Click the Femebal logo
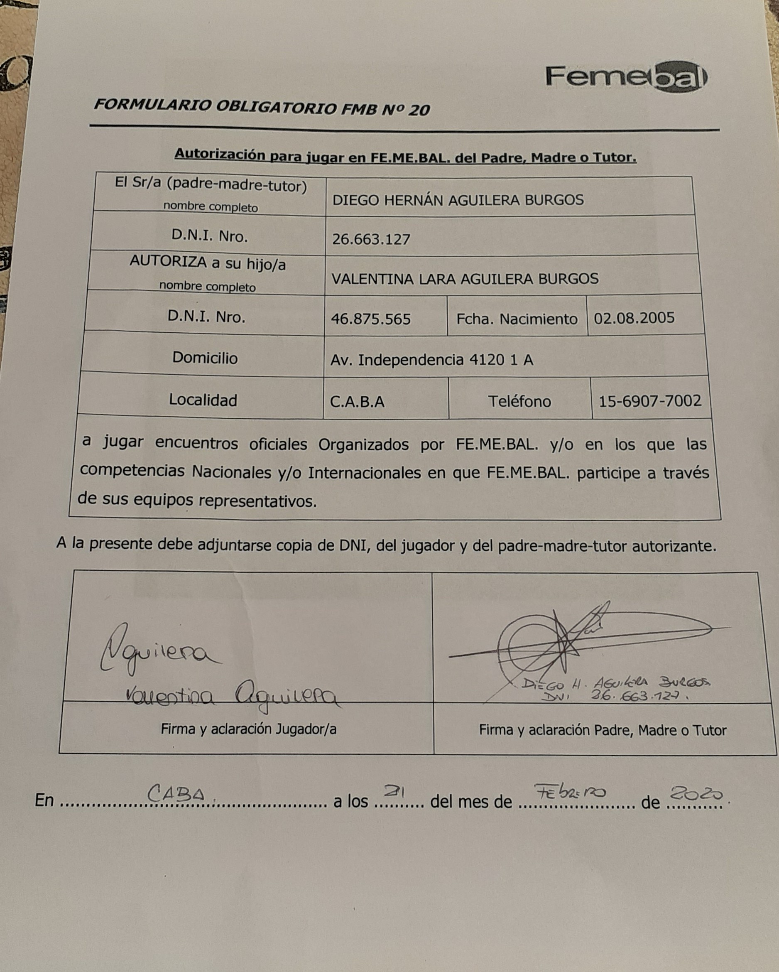tap(626, 77)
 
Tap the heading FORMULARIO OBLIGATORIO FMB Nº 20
tap(262, 107)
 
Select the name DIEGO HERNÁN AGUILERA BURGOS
tap(458, 200)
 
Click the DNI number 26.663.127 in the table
tap(371, 239)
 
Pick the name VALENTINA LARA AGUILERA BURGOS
tap(465, 279)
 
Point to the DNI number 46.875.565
tap(370, 319)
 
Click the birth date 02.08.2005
tap(634, 318)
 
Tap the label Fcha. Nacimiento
tap(517, 319)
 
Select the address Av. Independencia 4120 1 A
tap(431, 360)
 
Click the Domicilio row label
tap(205, 358)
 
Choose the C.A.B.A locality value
tap(357, 401)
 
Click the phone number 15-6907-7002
tap(649, 401)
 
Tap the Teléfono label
tap(519, 401)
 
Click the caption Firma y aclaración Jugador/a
tap(248, 729)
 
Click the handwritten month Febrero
tap(570, 792)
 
